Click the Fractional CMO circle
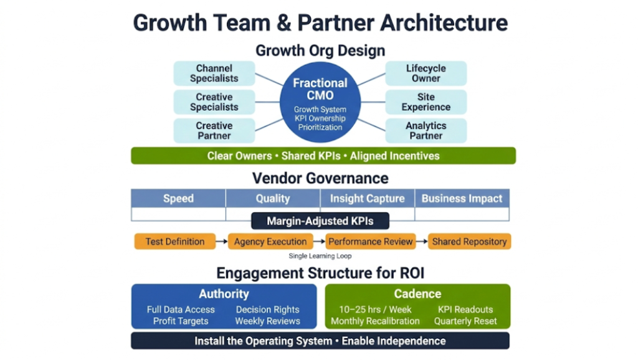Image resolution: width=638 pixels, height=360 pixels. pyautogui.click(x=320, y=103)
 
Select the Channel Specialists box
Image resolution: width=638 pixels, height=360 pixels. pyautogui.click(x=214, y=73)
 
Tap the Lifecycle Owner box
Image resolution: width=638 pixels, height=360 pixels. pyautogui.click(x=426, y=73)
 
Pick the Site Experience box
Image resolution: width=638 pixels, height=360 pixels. pyautogui.click(x=426, y=102)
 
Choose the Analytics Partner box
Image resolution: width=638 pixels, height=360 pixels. pyautogui.click(x=426, y=131)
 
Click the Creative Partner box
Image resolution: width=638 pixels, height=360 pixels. pyautogui.click(x=214, y=131)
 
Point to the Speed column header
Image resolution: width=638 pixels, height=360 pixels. pyautogui.click(x=178, y=199)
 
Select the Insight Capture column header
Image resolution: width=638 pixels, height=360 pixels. pyautogui.click(x=367, y=199)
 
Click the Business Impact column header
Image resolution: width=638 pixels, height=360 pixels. pyautogui.click(x=462, y=199)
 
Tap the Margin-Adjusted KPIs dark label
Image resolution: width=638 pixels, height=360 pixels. pyautogui.click(x=320, y=221)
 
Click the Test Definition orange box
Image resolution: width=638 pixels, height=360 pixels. pyautogui.click(x=174, y=242)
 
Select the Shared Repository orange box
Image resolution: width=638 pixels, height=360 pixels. pyautogui.click(x=469, y=242)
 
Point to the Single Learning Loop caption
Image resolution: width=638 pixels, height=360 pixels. pyautogui.click(x=320, y=256)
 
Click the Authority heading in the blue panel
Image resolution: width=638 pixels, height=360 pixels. pyautogui.click(x=224, y=294)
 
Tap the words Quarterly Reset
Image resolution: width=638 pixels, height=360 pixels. pyautogui.click(x=465, y=321)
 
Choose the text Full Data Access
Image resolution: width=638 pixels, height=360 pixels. pyautogui.click(x=181, y=310)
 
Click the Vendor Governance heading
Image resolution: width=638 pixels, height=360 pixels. pyautogui.click(x=320, y=178)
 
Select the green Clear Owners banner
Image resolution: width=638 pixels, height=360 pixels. pyautogui.click(x=323, y=156)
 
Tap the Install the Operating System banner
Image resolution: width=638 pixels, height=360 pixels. pyautogui.click(x=320, y=341)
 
